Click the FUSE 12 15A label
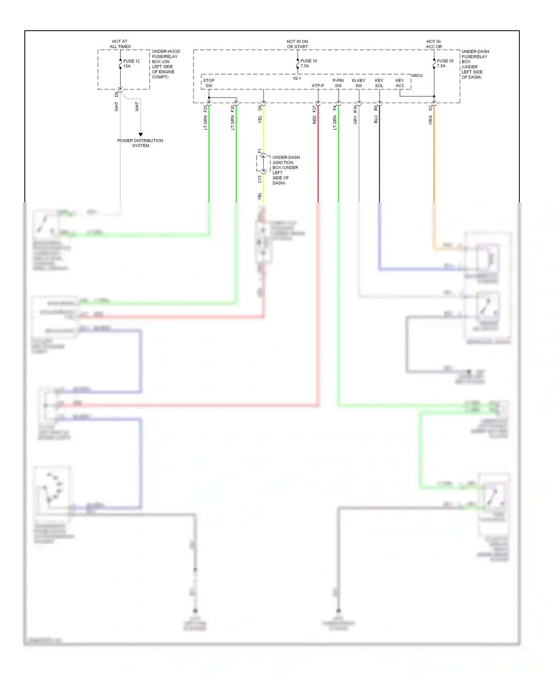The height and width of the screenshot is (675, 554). (x=131, y=64)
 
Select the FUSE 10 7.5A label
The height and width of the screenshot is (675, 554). (x=308, y=63)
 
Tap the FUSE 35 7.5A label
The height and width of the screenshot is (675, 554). (x=445, y=63)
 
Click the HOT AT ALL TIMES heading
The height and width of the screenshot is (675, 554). (x=120, y=44)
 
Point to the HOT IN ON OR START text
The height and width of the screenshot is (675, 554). (x=297, y=44)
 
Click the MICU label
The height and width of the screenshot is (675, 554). (x=417, y=75)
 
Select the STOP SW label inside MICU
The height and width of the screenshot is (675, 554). (x=209, y=83)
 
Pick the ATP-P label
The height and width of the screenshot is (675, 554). (x=318, y=86)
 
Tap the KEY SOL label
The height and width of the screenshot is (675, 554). (x=379, y=83)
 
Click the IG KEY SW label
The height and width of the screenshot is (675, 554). (x=358, y=83)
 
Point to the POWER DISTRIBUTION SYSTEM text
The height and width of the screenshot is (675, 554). (x=140, y=143)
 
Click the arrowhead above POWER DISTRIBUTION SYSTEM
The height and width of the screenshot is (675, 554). (x=140, y=134)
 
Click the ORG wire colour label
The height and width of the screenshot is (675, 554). (x=430, y=120)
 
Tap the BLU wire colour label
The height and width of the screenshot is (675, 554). (x=376, y=119)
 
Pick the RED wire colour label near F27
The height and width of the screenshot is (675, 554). (x=315, y=120)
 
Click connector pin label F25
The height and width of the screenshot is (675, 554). (x=205, y=109)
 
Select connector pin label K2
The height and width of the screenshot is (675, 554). (x=430, y=108)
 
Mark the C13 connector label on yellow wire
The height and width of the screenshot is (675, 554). (x=260, y=179)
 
